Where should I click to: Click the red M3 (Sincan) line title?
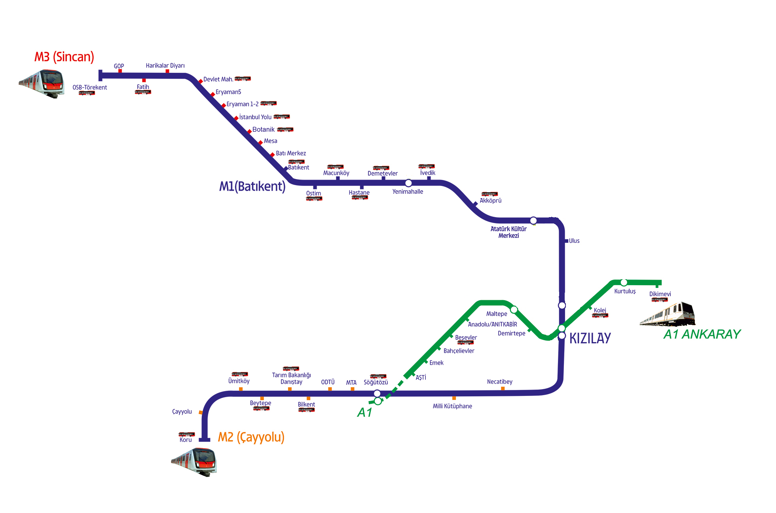pos(64,57)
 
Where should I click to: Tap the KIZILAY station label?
pos(590,339)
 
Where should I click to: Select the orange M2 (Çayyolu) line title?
pos(251,437)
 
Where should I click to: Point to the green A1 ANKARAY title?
pos(702,334)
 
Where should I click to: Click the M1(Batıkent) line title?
pos(252,186)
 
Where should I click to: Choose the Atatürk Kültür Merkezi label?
pos(508,232)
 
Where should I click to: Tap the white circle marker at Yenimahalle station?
pos(408,183)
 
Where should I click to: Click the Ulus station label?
pos(574,241)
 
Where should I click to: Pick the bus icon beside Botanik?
pos(285,130)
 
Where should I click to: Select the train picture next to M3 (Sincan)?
pos(42,83)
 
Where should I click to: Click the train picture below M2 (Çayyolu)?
pos(194,462)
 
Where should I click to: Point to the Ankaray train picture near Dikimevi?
pos(667,314)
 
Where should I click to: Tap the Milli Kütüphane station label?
pos(452,406)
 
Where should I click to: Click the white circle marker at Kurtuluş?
pos(624,282)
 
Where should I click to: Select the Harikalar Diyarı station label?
pos(165,66)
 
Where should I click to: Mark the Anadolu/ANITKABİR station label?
pos(492,324)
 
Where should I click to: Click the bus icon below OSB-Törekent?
pos(87,93)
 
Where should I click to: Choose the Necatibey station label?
pos(499,382)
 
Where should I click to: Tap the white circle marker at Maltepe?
pos(514,309)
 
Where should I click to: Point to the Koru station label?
pos(186,440)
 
